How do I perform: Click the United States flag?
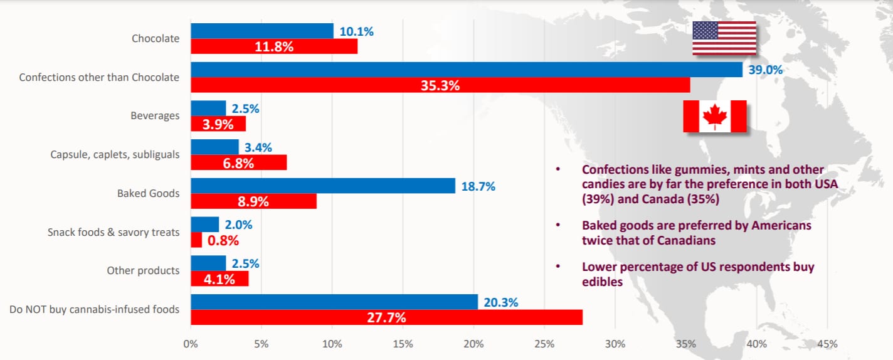click(x=724, y=38)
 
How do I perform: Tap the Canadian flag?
click(x=714, y=117)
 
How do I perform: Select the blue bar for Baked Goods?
click(x=322, y=186)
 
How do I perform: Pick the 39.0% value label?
click(x=766, y=70)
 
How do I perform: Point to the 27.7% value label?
click(x=386, y=317)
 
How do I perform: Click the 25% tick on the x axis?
click(x=544, y=344)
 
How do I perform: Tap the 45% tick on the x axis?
click(x=827, y=344)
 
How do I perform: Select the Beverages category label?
click(x=155, y=116)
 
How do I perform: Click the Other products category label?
click(x=143, y=271)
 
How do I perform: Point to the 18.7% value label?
click(x=478, y=186)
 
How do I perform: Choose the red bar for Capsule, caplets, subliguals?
click(x=238, y=162)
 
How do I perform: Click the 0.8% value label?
click(x=223, y=240)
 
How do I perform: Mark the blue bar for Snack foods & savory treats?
click(x=204, y=225)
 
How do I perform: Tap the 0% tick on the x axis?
click(x=191, y=344)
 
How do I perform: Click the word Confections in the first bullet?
click(x=616, y=169)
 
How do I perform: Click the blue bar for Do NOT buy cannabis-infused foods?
click(x=334, y=302)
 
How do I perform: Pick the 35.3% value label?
click(x=440, y=85)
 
